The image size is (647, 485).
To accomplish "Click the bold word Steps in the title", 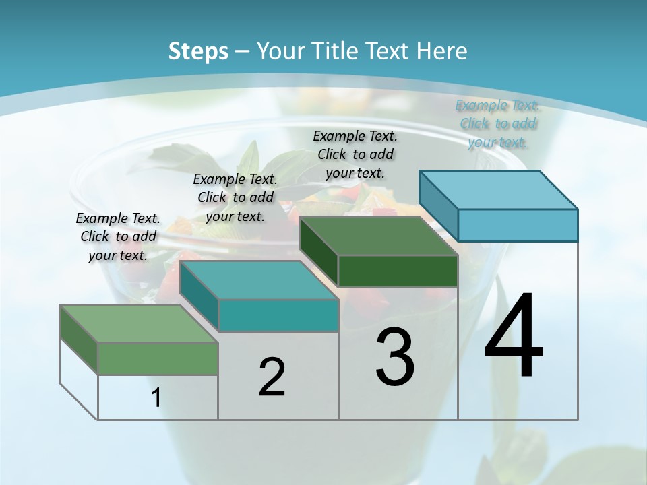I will click(x=198, y=51).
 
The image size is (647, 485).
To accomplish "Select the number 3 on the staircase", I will click(x=394, y=357).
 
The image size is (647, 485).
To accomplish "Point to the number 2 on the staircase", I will click(x=272, y=377).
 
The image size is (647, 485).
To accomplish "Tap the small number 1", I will click(x=156, y=397).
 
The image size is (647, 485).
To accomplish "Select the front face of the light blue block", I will click(x=518, y=225).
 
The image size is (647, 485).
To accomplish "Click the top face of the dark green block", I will click(x=379, y=236).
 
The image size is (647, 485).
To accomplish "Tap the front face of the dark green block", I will click(x=398, y=271).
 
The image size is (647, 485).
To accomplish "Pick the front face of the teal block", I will click(x=278, y=315).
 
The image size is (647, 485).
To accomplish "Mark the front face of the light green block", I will click(x=158, y=358).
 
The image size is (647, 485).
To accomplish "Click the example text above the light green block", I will click(x=118, y=236).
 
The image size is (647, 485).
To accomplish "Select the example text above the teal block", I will click(x=235, y=197).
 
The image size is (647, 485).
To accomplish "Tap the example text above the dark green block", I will click(x=355, y=154).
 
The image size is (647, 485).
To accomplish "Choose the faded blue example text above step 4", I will click(x=497, y=123).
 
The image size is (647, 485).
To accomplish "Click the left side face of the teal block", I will click(x=199, y=296).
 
